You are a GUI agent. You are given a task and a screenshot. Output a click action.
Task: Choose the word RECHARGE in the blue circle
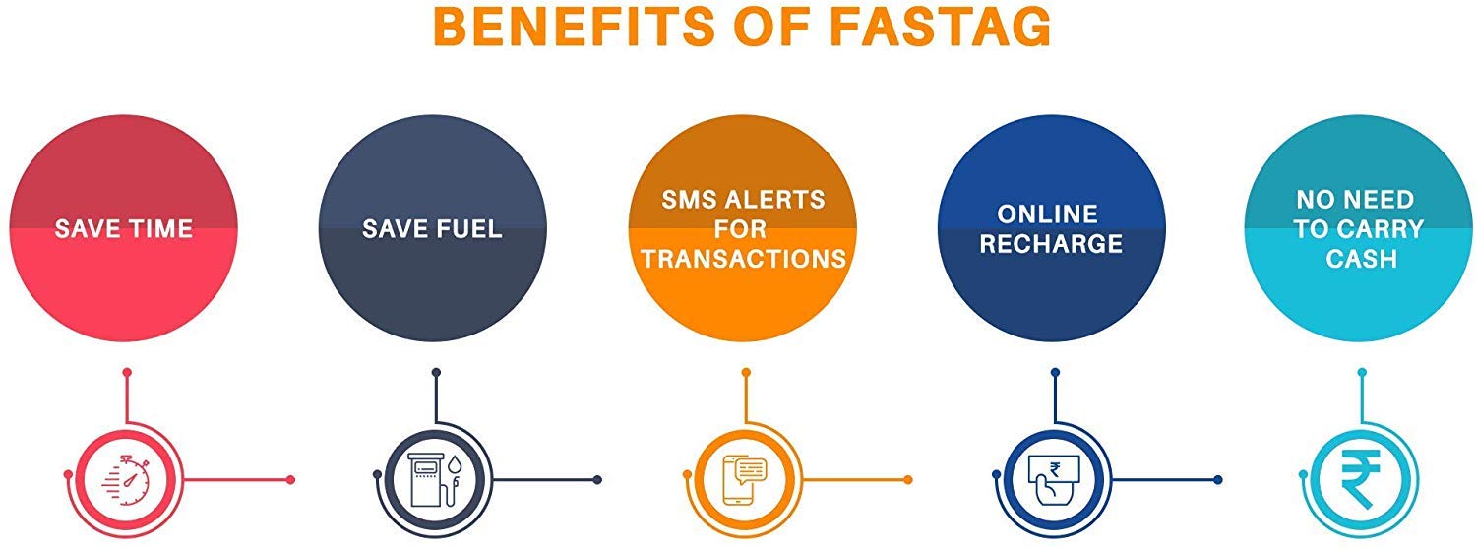point(1051,244)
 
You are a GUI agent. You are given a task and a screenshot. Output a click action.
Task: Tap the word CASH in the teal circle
point(1361,259)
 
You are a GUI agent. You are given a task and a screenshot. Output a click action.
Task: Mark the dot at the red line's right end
point(289,480)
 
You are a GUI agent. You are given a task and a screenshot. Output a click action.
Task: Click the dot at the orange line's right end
point(908,480)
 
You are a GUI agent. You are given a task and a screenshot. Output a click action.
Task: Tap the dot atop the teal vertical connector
point(1363,372)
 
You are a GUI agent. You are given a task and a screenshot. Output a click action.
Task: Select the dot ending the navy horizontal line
point(597,480)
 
